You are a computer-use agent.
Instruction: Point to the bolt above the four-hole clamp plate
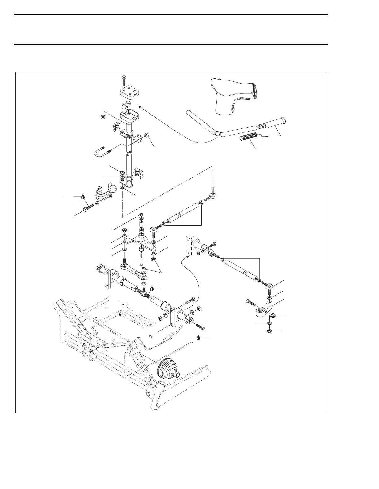[x=124, y=80]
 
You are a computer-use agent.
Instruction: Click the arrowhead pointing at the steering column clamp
[x=139, y=106]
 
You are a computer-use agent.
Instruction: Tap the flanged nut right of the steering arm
[x=273, y=316]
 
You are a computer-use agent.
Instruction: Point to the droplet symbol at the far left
[x=83, y=196]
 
